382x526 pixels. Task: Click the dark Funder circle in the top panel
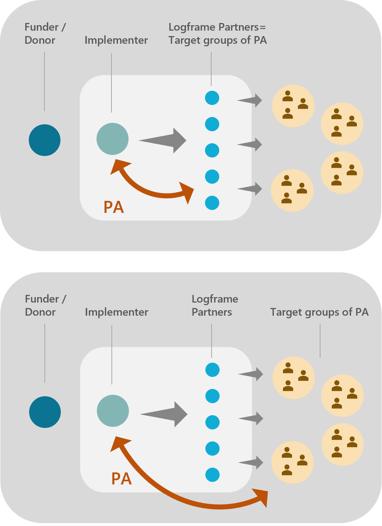click(x=44, y=140)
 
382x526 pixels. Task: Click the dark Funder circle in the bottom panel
click(x=45, y=412)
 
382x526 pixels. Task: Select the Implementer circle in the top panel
click(x=113, y=139)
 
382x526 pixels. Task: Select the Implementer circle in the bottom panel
click(x=113, y=411)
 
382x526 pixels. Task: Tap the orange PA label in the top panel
click(x=114, y=207)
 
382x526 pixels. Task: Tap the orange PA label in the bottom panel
click(x=121, y=479)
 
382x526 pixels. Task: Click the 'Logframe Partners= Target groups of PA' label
click(x=217, y=34)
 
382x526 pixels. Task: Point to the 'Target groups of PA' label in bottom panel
click(x=319, y=312)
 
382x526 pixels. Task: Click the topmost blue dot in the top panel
click(x=212, y=98)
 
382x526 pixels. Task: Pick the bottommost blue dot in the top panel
click(x=212, y=203)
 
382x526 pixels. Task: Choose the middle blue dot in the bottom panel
click(x=212, y=422)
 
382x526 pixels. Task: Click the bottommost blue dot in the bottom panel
click(x=212, y=475)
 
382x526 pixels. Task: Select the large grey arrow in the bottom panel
click(x=166, y=414)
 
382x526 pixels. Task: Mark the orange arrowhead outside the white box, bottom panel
click(x=262, y=498)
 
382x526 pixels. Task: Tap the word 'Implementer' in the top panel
click(x=116, y=40)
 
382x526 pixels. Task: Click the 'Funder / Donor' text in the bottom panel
click(x=45, y=305)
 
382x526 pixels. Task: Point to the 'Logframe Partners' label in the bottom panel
click(x=214, y=305)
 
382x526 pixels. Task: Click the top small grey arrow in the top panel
click(x=250, y=100)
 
